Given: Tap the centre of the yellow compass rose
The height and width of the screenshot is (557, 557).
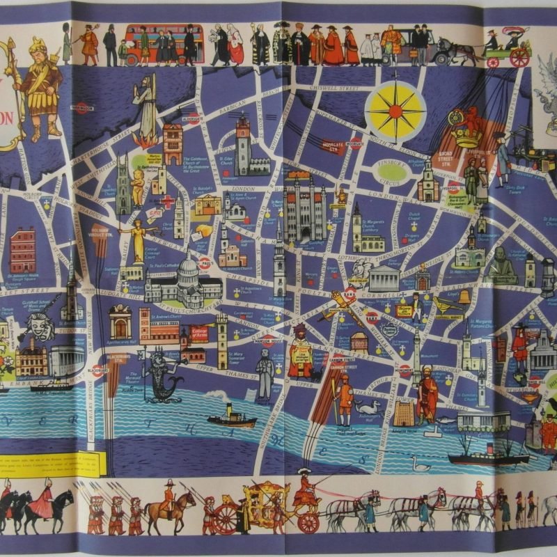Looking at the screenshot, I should coord(396,109).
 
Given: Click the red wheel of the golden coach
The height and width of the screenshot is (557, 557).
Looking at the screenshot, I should coord(226,518).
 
